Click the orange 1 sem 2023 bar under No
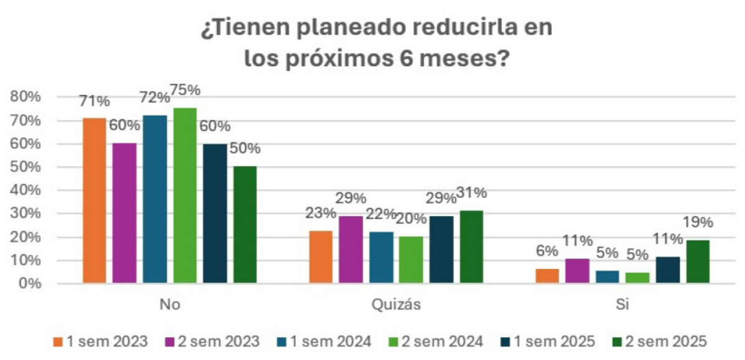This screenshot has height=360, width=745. (94, 200)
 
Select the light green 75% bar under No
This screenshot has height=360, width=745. (185, 196)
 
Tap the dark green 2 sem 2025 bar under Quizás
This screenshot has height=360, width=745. (472, 247)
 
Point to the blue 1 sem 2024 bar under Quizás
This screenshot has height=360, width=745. (381, 258)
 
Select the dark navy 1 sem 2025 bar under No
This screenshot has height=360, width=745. (215, 214)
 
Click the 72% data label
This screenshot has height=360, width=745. (155, 97)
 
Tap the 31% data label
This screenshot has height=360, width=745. (472, 193)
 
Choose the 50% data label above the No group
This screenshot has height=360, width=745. (245, 149)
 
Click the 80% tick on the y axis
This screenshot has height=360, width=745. (26, 97)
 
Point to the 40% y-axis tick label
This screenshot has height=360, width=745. (26, 191)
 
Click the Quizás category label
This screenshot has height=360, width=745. (395, 305)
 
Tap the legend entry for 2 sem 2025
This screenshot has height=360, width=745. (665, 341)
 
